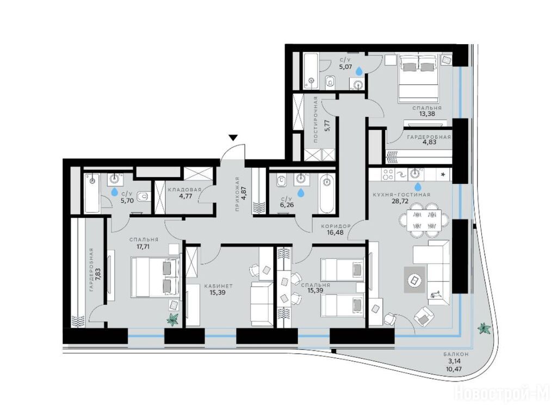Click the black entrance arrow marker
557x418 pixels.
pos(233,138)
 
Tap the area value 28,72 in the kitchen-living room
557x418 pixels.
pos(400,201)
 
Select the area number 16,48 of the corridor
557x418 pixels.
pos(336,232)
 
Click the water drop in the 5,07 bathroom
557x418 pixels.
pos(360,71)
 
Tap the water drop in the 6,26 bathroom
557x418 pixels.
pos(301,192)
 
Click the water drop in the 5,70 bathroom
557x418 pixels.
pos(114,192)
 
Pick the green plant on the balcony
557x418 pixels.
pos(484,328)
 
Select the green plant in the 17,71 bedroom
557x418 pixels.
pos(173,319)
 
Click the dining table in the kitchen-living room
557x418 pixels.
pos(424,220)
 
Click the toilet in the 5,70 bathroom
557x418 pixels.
pos(144,196)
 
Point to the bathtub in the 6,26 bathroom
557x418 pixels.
pos(326,194)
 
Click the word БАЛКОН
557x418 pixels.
pos(456,354)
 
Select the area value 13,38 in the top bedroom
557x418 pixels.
pos(426,114)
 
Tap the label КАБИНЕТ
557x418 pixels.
pos(218,286)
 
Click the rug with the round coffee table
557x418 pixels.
pos(414,280)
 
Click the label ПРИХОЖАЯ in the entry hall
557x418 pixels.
pos(237,194)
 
